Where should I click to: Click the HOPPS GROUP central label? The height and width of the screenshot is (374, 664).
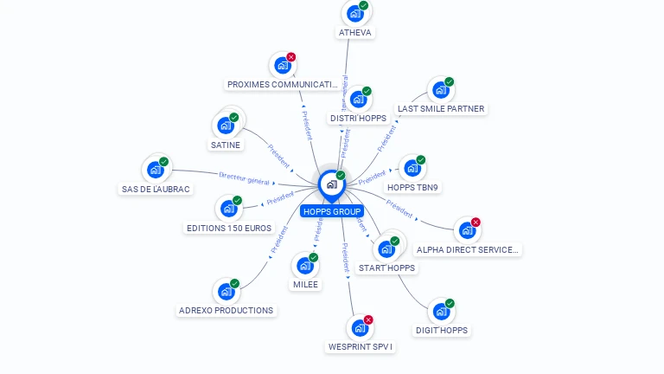[332, 211]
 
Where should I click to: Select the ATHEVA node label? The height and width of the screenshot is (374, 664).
[354, 33]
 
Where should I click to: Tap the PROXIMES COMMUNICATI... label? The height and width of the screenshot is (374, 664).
[283, 85]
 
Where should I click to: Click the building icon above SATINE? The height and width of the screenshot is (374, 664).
[227, 125]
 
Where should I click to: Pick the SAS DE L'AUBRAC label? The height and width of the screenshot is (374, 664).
[156, 189]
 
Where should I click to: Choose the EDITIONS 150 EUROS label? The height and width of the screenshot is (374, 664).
[229, 229]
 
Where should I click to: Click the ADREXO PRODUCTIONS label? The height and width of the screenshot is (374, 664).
[226, 310]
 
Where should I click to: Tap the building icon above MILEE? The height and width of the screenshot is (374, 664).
[305, 265]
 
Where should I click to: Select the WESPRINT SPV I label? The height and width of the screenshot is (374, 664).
[361, 347]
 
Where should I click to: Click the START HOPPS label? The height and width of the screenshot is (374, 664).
[386, 268]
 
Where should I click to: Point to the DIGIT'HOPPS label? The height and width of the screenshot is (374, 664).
[442, 331]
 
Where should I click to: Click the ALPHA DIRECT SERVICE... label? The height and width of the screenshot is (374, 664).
[468, 249]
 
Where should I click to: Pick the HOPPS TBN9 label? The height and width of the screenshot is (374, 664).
[412, 187]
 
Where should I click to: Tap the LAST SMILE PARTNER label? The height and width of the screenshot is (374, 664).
[441, 109]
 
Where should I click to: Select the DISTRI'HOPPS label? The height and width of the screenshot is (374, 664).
[358, 118]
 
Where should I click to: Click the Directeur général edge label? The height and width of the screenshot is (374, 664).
[244, 177]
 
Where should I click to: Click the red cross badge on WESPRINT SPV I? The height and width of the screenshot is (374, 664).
[368, 320]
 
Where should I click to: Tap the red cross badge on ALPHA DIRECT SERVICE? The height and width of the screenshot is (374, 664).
[476, 222]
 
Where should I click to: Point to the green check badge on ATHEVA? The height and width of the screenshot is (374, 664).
[364, 6]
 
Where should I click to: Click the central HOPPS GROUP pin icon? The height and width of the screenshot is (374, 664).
[331, 184]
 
